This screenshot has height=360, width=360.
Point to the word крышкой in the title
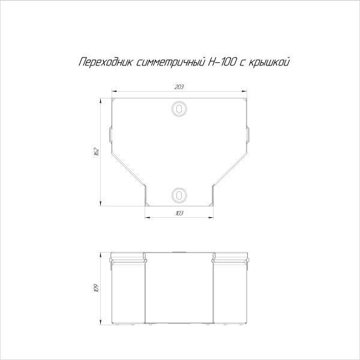click(269, 62)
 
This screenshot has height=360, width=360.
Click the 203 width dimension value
click(179, 88)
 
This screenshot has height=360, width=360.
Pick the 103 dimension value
click(179, 213)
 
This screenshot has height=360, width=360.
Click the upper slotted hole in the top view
click(179, 108)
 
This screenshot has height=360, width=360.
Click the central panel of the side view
click(179, 294)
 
